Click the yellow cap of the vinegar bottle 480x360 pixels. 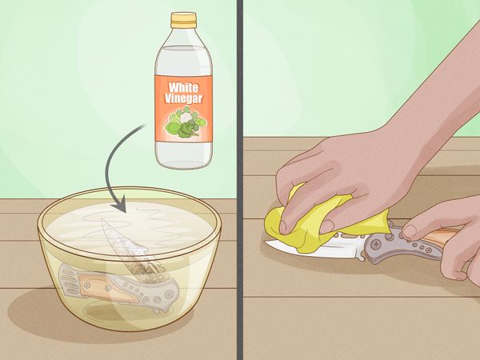pos(183,20)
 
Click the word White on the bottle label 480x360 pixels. pos(183,87)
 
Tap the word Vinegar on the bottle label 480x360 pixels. pos(183,98)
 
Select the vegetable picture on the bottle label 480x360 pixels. pos(186,122)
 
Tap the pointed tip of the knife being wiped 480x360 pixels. pos(266,242)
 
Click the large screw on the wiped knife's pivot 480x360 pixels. pos(376,246)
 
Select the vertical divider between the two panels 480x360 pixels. pos(240,180)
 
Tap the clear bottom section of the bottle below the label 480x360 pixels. pos(183,154)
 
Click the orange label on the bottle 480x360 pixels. pos(183,108)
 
